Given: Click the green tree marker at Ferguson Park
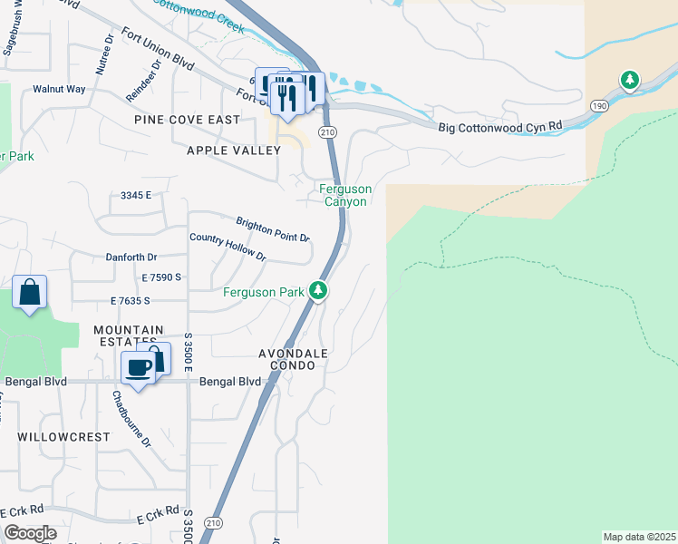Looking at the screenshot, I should pyautogui.click(x=317, y=291).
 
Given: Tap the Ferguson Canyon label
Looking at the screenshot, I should pyautogui.click(x=344, y=195).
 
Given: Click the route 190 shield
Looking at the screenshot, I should pyautogui.click(x=599, y=105).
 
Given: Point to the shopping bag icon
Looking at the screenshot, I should pyautogui.click(x=30, y=293).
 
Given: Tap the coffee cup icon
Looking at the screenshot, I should pyautogui.click(x=138, y=368).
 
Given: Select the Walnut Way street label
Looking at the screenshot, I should pyautogui.click(x=59, y=89).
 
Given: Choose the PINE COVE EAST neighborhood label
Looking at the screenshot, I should pyautogui.click(x=187, y=120).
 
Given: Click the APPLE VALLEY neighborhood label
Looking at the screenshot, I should pyautogui.click(x=233, y=151).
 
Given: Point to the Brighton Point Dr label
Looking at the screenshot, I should pyautogui.click(x=273, y=228).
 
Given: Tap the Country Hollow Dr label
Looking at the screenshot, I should pyautogui.click(x=228, y=248).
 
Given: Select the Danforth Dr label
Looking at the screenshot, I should pyautogui.click(x=131, y=257).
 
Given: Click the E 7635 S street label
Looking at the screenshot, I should pyautogui.click(x=130, y=300).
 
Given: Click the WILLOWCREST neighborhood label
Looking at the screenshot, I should pyautogui.click(x=63, y=436).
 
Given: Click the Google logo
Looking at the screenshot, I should pyautogui.click(x=30, y=533).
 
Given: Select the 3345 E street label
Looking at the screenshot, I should pyautogui.click(x=136, y=195).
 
